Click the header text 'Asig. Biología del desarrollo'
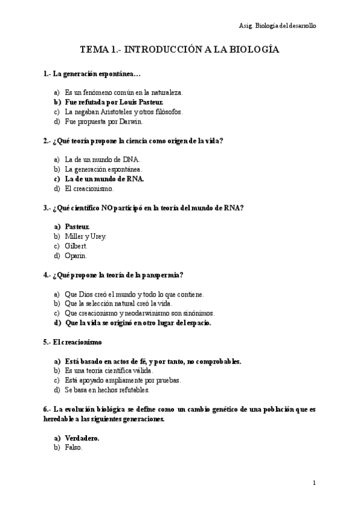point(277,26)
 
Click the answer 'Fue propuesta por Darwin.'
point(103,121)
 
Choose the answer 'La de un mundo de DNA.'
point(102,160)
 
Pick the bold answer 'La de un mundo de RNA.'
point(104,179)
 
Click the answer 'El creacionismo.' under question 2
point(89,188)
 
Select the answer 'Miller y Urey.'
point(85,236)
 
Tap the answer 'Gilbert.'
point(76,246)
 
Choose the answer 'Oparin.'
point(76,256)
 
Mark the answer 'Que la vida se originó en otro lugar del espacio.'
point(137,323)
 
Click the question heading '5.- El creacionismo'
point(73,342)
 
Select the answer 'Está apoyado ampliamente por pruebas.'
point(123,381)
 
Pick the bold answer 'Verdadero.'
point(82,438)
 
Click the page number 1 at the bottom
point(314,483)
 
